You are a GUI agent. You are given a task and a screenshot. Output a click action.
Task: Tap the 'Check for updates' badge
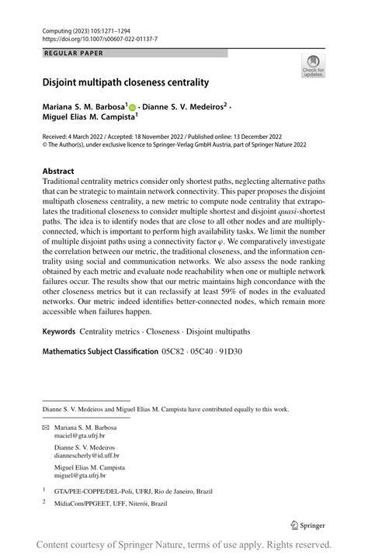pyautogui.click(x=313, y=65)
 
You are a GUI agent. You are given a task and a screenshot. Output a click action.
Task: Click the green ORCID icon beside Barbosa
pyautogui.click(x=133, y=106)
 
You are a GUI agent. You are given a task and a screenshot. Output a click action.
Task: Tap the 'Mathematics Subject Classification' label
pyautogui.click(x=99, y=352)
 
